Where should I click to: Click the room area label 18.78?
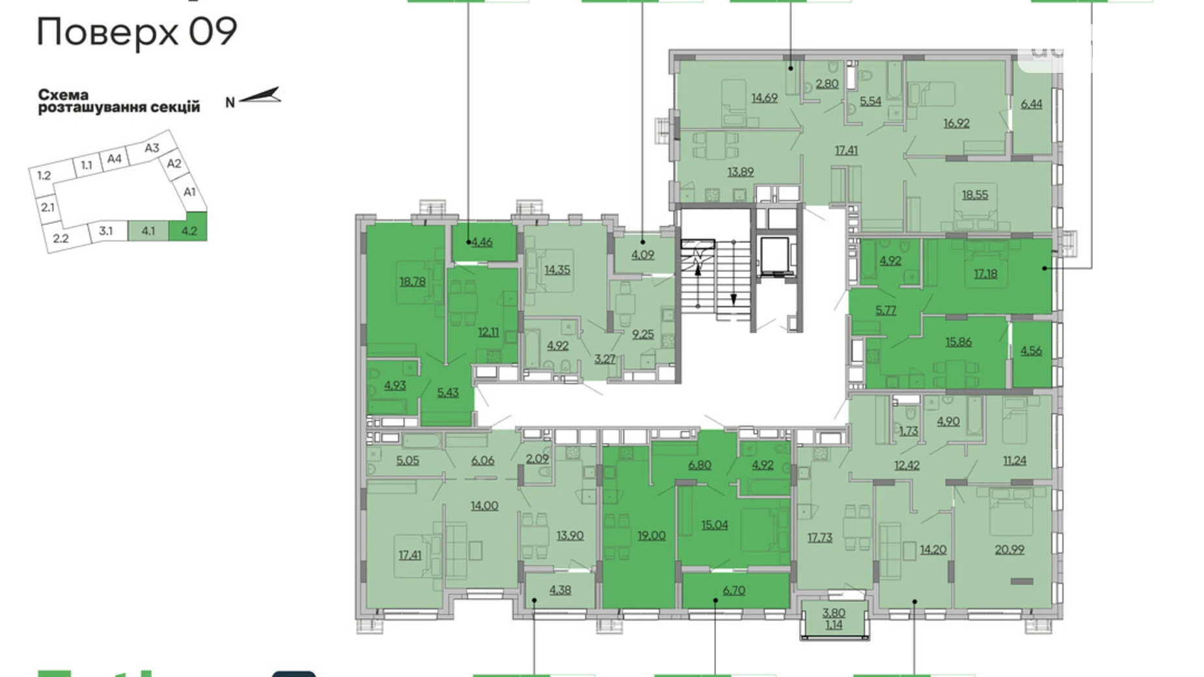(413, 282)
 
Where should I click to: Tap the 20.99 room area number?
(1009, 549)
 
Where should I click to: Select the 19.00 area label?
(651, 535)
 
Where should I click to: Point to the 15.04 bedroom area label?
(715, 525)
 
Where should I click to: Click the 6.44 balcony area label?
(1031, 104)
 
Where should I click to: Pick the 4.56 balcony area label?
(1031, 351)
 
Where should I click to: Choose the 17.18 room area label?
(985, 274)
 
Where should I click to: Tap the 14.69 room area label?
(764, 98)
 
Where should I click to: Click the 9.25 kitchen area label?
(643, 335)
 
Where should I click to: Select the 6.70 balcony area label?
(733, 590)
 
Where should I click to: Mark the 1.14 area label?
(833, 625)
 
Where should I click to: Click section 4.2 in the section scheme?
(189, 231)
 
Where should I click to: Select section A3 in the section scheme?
(152, 148)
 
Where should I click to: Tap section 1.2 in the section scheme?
(44, 176)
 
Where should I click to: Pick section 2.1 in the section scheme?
(48, 208)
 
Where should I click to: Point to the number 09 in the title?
(213, 32)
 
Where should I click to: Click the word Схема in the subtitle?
(63, 95)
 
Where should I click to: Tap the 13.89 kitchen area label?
(741, 172)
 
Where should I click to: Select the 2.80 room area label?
(827, 84)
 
